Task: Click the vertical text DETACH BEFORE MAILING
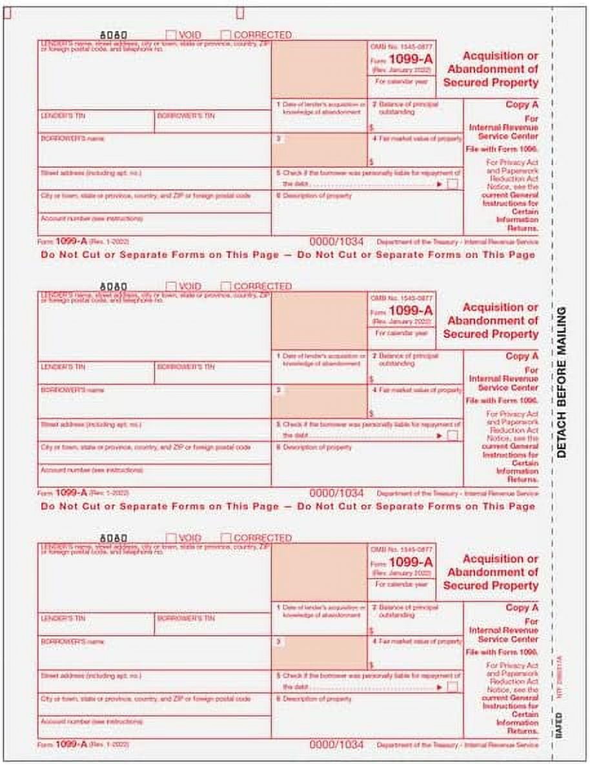click(x=561, y=382)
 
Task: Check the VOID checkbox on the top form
click(x=171, y=35)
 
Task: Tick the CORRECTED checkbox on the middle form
click(x=226, y=286)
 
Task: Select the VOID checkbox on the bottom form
click(x=171, y=537)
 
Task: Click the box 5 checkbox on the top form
click(x=453, y=184)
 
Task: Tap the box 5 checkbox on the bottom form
click(x=453, y=688)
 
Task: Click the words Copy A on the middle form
click(x=522, y=356)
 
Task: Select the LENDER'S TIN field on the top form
click(x=96, y=122)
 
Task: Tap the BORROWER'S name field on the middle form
click(x=154, y=402)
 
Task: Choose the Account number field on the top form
click(x=154, y=223)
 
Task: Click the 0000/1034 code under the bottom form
click(x=336, y=744)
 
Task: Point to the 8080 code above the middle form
click(x=115, y=286)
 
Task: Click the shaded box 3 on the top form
click(x=319, y=150)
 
